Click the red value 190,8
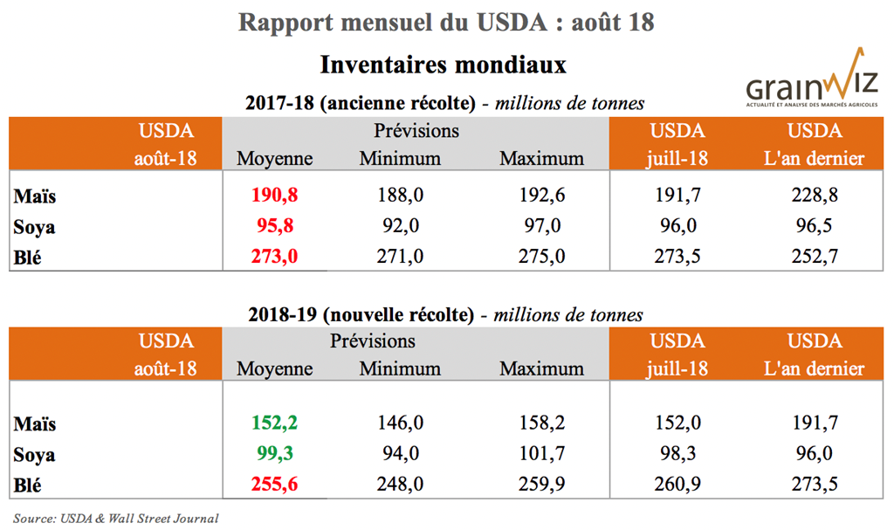(x=274, y=195)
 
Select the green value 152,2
(x=274, y=423)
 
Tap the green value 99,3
(x=274, y=454)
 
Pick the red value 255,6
(x=274, y=485)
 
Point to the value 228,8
(x=815, y=195)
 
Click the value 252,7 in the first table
(x=815, y=257)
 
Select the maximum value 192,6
(x=541, y=195)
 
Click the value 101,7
(x=541, y=454)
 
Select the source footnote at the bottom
(x=115, y=518)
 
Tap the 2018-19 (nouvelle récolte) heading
(x=360, y=314)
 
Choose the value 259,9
(x=541, y=485)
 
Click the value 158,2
(x=541, y=423)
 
